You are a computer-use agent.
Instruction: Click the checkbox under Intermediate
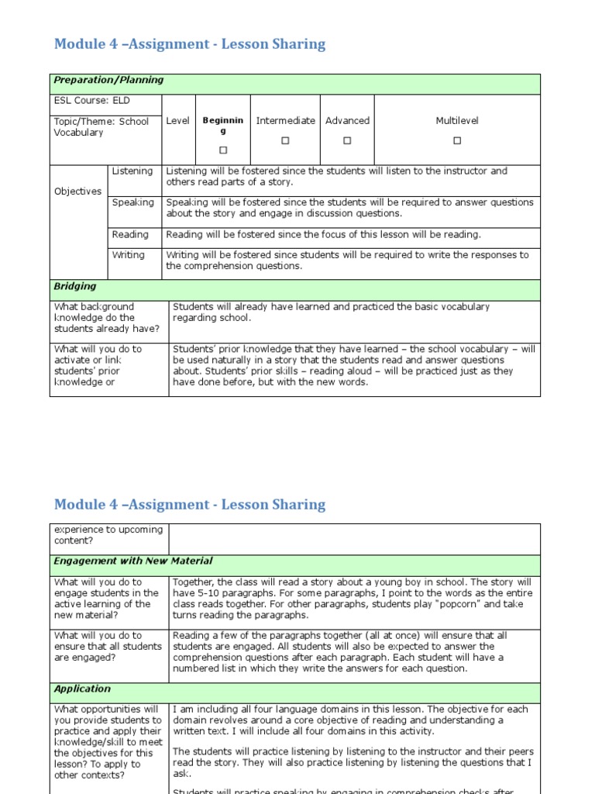pos(285,140)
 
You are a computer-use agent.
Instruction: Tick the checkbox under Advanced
pos(347,140)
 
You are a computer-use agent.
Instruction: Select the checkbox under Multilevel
pos(457,140)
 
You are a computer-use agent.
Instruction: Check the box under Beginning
pos(223,150)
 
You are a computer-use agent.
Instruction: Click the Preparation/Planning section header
pos(108,80)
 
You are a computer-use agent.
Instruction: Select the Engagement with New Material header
pos(132,561)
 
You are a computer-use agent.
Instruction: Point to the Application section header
pos(82,689)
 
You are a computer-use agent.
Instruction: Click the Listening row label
pos(132,171)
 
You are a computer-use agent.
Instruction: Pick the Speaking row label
pos(133,202)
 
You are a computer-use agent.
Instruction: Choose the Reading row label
pos(130,235)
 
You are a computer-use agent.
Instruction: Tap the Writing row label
pos(129,255)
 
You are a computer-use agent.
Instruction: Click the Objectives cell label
pos(77,192)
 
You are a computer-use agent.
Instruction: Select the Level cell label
pos(177,121)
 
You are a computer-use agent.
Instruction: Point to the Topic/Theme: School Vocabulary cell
pos(101,127)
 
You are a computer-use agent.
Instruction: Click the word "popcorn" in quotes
pos(460,604)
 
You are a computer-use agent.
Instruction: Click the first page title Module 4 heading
pos(190,44)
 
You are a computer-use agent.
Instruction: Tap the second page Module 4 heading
pos(190,505)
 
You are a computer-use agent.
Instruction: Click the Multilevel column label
pos(457,121)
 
